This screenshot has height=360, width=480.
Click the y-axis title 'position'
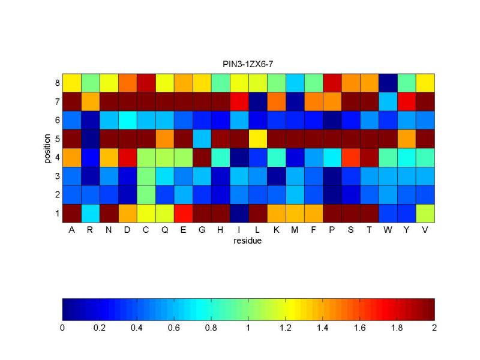click(x=47, y=148)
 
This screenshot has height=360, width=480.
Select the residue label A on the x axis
click(x=71, y=231)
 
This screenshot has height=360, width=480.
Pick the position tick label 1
click(x=56, y=213)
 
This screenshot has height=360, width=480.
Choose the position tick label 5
click(x=56, y=139)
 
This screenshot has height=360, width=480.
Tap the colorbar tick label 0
click(x=62, y=328)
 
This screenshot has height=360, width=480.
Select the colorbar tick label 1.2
click(x=286, y=328)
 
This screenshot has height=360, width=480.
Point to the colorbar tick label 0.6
click(x=174, y=328)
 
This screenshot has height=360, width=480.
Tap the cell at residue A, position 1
click(x=71, y=213)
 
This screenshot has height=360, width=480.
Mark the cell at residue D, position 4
click(x=127, y=157)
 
